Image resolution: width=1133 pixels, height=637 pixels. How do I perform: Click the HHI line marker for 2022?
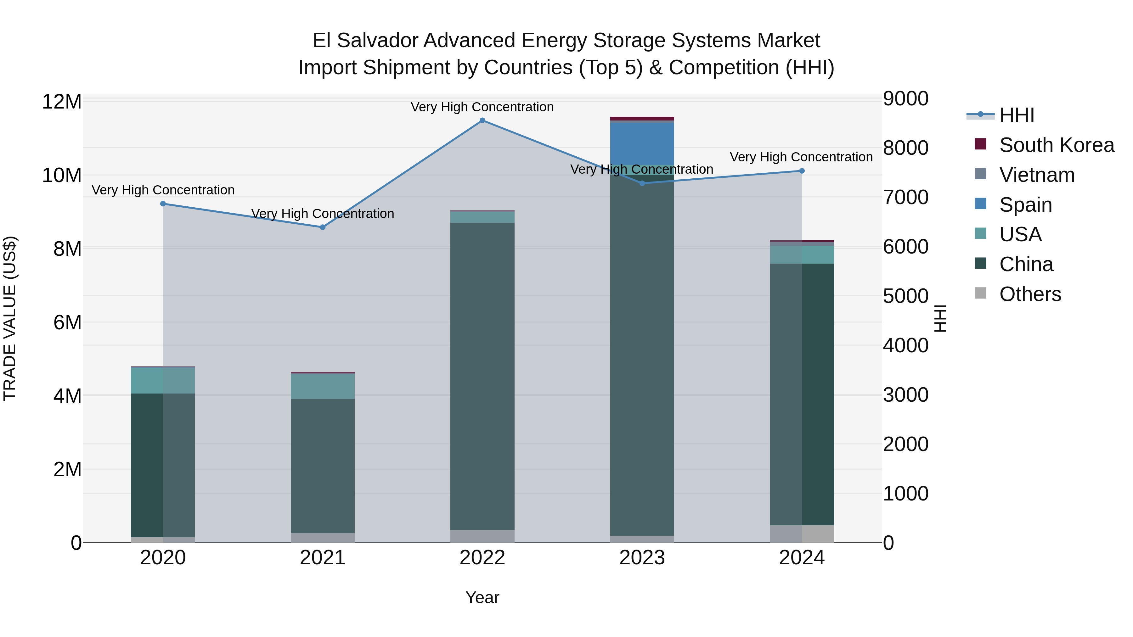[x=482, y=120]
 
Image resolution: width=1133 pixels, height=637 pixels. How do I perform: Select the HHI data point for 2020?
[x=163, y=204]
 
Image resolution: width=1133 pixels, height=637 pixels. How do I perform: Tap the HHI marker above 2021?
[x=322, y=227]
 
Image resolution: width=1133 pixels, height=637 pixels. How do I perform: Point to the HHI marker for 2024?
[x=801, y=171]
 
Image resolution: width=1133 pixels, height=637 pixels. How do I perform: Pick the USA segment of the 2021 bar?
[x=322, y=386]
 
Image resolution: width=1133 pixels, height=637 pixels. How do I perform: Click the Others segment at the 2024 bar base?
[x=801, y=534]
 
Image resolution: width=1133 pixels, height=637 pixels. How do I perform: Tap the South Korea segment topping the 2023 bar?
[x=642, y=119]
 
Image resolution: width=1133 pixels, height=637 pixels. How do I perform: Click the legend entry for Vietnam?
[x=1037, y=175]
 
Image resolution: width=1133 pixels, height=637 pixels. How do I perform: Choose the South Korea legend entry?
[x=1057, y=145]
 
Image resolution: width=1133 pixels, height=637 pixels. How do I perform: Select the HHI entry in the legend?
[x=1017, y=115]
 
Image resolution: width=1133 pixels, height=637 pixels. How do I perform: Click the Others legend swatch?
[x=980, y=293]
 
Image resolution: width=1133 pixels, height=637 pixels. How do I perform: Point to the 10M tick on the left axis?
[x=62, y=176]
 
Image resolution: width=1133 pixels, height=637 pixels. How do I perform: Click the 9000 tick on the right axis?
[x=905, y=98]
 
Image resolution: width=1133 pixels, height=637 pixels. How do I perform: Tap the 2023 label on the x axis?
[x=642, y=558]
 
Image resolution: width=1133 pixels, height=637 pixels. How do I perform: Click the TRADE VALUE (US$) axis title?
[x=10, y=318]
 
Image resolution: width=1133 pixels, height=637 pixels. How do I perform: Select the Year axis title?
[x=482, y=597]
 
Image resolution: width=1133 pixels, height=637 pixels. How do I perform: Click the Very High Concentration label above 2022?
[x=482, y=107]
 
